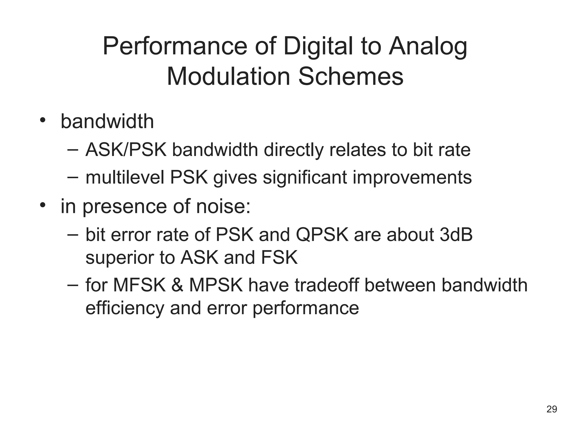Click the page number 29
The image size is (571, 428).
pyautogui.click(x=551, y=409)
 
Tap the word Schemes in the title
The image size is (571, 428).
pyautogui.click(x=350, y=77)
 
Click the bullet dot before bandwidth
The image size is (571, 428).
pyautogui.click(x=42, y=120)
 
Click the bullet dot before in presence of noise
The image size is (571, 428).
pyautogui.click(x=42, y=205)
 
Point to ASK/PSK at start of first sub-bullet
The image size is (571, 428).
pyautogui.click(x=126, y=150)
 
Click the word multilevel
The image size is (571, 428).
pyautogui.click(x=125, y=177)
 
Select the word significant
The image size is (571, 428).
pyautogui.click(x=305, y=177)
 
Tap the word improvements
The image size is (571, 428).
pyautogui.click(x=412, y=177)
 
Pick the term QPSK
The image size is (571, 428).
pyautogui.click(x=322, y=235)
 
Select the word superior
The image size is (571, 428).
pyautogui.click(x=120, y=258)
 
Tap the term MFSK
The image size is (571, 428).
pyautogui.click(x=139, y=285)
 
